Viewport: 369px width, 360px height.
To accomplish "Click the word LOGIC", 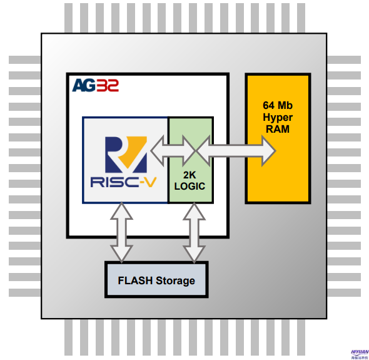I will (190, 186).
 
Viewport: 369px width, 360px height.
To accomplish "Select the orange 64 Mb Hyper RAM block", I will (278, 169).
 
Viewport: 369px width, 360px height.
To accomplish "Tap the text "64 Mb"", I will (278, 105).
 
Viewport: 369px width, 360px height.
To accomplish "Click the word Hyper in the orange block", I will (278, 117).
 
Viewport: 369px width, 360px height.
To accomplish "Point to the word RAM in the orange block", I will (278, 129).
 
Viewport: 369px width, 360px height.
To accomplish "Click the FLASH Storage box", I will (156, 280).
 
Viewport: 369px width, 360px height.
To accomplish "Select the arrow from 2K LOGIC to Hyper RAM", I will (238, 151).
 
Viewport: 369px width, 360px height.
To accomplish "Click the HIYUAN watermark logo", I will (360, 353).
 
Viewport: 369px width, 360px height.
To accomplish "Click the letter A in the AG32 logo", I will (79, 85).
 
